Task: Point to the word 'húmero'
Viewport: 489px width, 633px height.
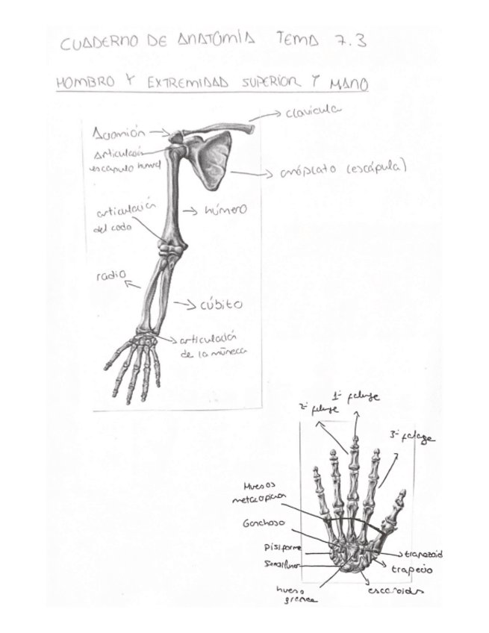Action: point(225,211)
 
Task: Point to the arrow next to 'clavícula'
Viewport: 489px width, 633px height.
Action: point(266,116)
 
